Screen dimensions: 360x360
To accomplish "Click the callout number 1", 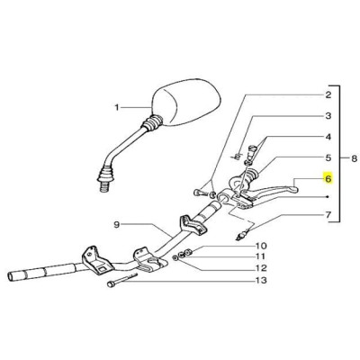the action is [117, 107].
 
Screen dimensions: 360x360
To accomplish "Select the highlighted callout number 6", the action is [328, 179].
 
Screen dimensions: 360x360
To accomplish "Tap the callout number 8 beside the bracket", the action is [355, 158].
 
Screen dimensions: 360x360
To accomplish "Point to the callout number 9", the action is [117, 224].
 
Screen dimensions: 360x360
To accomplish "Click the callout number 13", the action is [261, 281].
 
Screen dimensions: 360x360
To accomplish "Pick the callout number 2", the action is [328, 95].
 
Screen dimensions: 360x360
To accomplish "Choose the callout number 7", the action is [328, 215].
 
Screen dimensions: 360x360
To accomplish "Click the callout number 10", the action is [261, 246].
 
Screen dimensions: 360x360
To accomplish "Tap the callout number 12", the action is [261, 267].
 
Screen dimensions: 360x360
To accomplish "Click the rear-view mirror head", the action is [187, 102].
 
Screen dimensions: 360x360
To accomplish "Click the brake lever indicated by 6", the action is [270, 191].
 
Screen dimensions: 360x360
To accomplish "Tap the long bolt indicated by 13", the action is [121, 280].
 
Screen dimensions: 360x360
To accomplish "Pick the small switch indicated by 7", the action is [242, 235].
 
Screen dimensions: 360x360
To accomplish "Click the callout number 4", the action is [328, 137].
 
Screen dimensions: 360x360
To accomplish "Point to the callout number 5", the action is [328, 157].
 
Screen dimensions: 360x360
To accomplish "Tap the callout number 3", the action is [328, 116].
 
